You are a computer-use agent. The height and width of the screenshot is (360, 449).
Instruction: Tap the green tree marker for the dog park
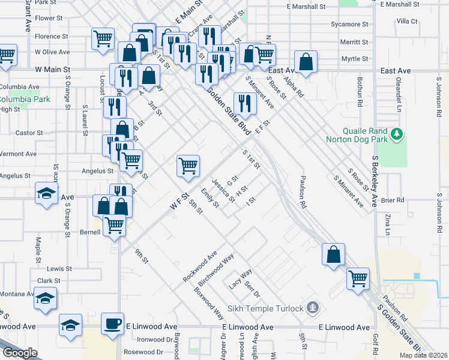click(x=396, y=134)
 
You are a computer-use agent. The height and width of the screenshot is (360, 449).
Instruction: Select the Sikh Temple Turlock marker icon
click(x=312, y=308)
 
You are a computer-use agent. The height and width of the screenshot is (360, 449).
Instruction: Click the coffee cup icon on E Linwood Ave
click(x=112, y=323)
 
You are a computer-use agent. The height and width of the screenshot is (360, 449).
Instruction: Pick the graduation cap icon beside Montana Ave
click(x=46, y=298)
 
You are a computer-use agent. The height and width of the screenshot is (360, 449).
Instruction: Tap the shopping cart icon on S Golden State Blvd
click(x=358, y=278)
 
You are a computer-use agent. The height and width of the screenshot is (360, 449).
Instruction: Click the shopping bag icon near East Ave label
click(x=306, y=62)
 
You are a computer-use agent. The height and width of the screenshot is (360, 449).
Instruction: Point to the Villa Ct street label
click(x=406, y=21)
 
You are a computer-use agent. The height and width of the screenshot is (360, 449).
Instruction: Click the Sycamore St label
click(x=349, y=25)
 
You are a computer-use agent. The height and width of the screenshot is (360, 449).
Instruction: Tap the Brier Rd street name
click(x=393, y=200)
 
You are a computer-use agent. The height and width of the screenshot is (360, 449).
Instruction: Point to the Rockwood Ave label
click(x=200, y=268)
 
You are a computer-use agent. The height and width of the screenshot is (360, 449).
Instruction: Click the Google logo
click(x=20, y=352)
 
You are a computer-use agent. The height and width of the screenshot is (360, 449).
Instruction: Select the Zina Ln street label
click(x=387, y=223)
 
